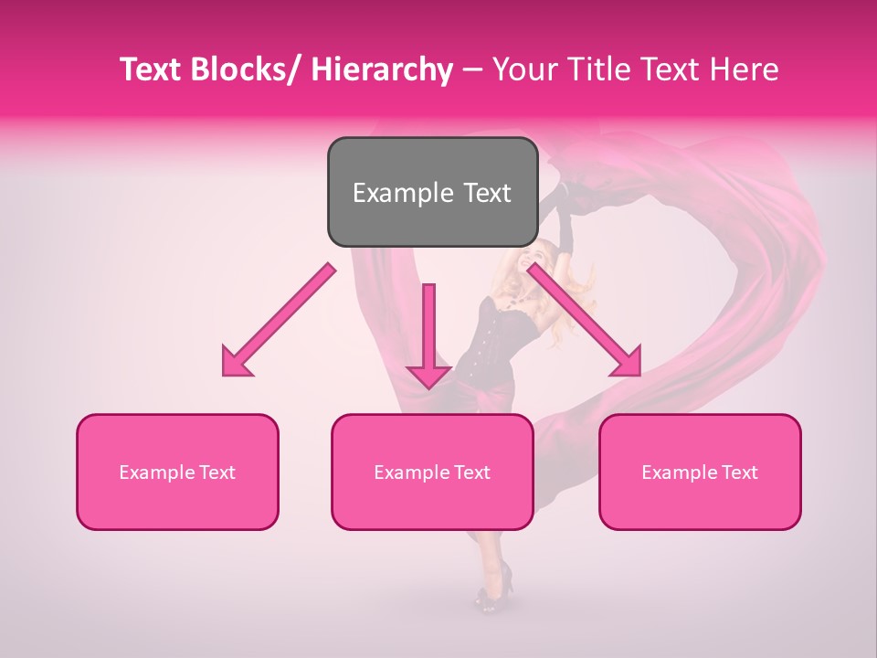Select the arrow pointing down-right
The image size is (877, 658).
point(584,319)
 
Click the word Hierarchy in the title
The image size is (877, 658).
point(382,70)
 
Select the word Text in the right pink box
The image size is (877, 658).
point(739,472)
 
